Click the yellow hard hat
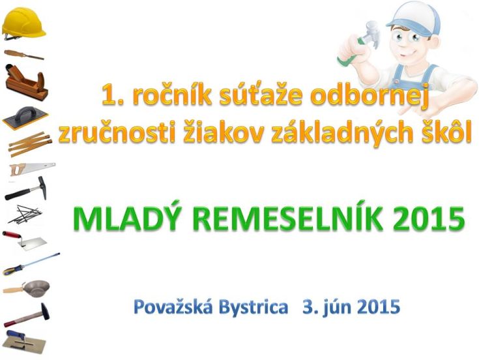click(23, 23)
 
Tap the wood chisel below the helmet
click(24, 55)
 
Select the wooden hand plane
click(26, 83)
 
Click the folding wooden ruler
click(30, 143)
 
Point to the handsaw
click(32, 169)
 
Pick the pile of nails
click(25, 214)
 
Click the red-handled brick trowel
click(25, 241)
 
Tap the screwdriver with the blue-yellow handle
click(31, 264)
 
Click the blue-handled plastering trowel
click(25, 342)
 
